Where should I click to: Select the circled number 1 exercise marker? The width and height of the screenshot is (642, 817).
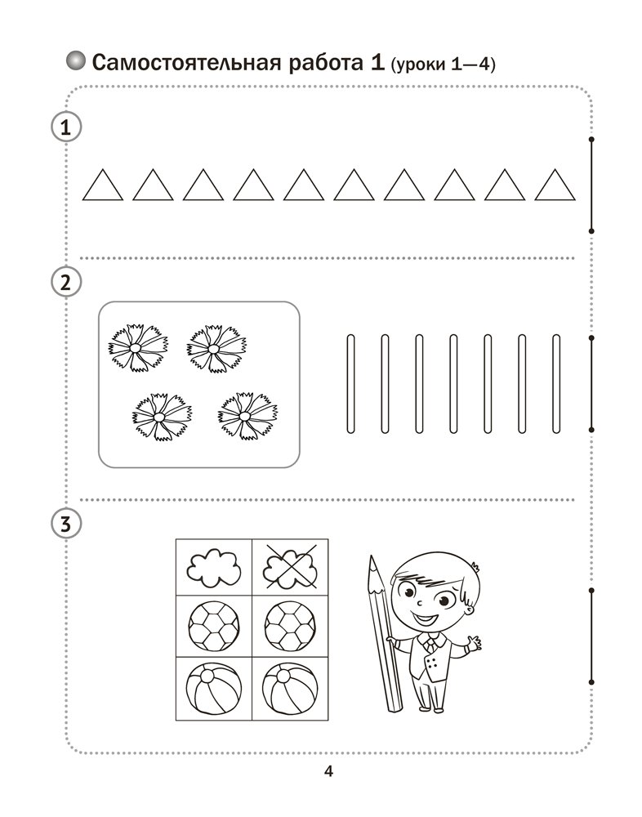click(x=66, y=127)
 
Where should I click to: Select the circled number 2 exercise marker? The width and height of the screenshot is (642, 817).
click(x=66, y=282)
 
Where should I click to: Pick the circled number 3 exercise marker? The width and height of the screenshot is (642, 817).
click(x=66, y=524)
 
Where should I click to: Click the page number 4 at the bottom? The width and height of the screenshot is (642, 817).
click(x=328, y=770)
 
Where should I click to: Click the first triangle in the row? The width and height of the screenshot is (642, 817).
click(x=103, y=185)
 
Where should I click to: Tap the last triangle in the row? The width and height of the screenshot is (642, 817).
click(x=555, y=185)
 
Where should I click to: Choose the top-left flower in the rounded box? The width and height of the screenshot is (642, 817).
click(x=138, y=347)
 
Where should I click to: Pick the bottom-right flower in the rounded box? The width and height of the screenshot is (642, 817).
click(x=248, y=416)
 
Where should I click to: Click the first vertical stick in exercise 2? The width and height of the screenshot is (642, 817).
click(x=350, y=383)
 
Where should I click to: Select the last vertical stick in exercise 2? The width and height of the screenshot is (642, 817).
click(x=556, y=383)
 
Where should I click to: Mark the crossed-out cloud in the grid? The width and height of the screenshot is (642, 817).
click(x=290, y=567)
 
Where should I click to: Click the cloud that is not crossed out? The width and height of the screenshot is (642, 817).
click(x=214, y=567)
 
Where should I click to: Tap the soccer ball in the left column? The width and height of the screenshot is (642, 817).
click(x=214, y=626)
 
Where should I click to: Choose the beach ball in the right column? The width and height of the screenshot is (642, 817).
click(x=290, y=687)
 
